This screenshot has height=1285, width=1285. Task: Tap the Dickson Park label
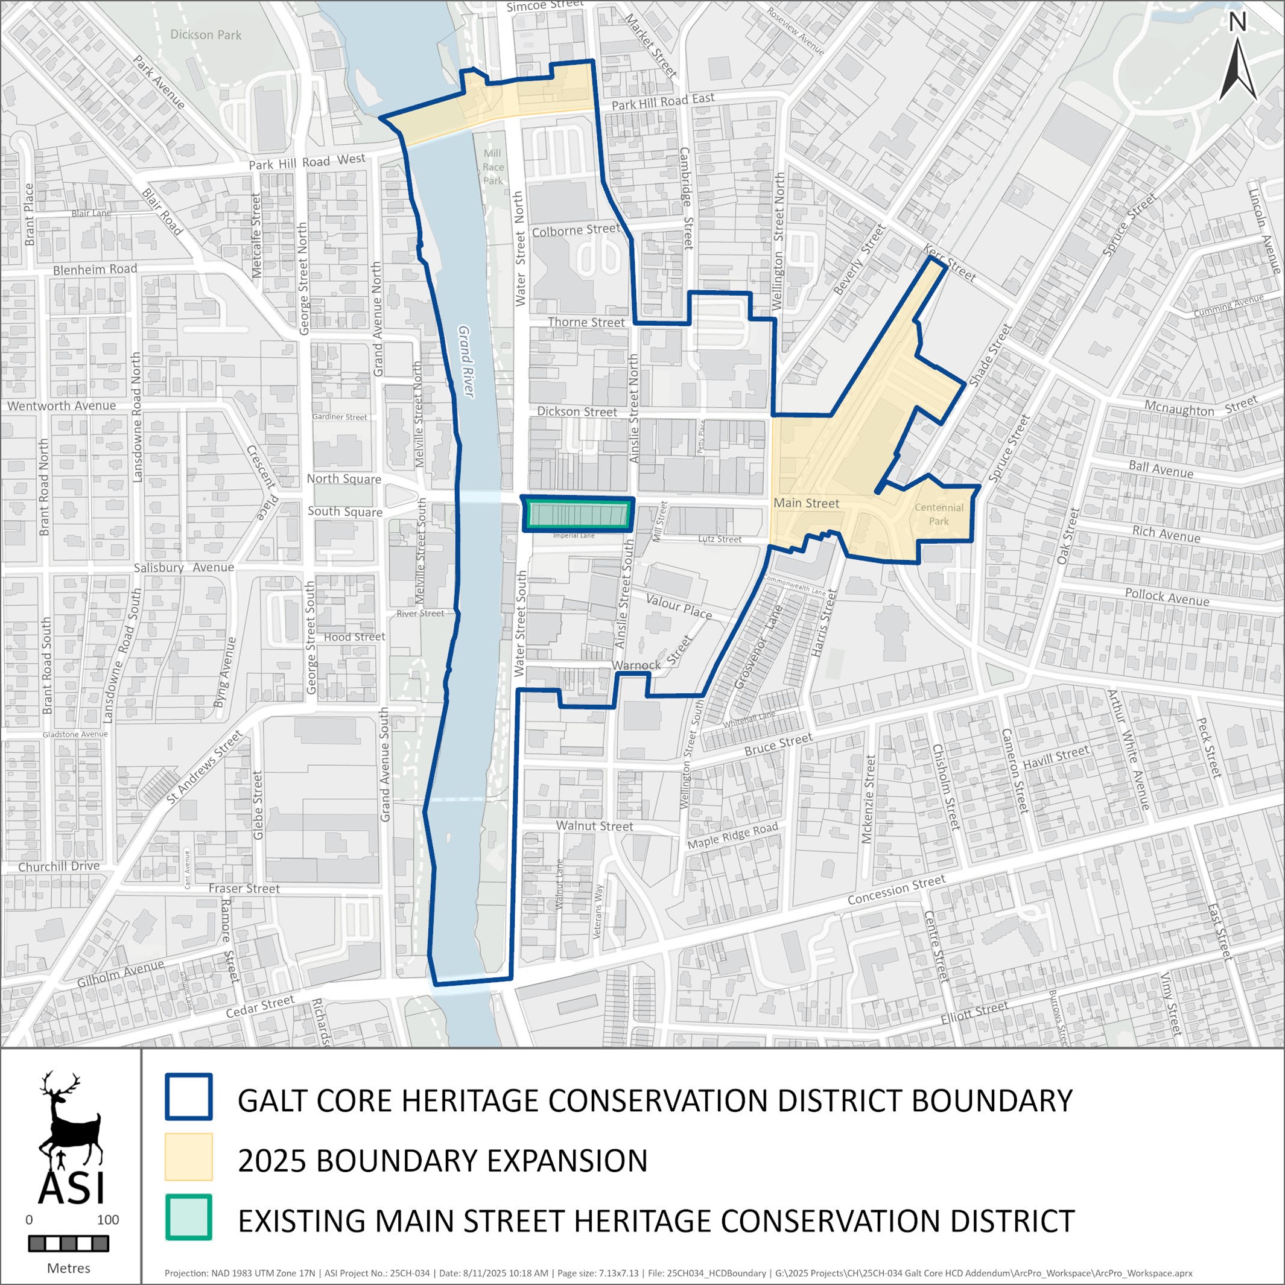[x=206, y=34]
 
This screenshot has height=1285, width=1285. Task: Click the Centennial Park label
[x=939, y=514]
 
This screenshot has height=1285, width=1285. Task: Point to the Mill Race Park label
[x=493, y=167]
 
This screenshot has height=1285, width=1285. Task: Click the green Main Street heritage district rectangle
[x=577, y=515]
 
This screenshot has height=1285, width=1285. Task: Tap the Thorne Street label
[x=586, y=323]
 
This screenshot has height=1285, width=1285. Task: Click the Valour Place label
[x=679, y=606]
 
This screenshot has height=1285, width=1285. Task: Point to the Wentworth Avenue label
[x=61, y=406]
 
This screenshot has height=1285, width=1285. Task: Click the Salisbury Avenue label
[x=183, y=567]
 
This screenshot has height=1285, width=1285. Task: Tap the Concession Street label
[x=896, y=889]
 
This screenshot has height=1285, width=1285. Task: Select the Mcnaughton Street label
[x=1201, y=407]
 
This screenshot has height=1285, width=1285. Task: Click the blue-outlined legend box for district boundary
[x=189, y=1097]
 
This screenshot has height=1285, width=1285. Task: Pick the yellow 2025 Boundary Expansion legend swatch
[x=189, y=1157]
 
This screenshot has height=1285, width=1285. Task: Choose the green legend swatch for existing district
[x=189, y=1217]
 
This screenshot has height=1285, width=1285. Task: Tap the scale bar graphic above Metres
[x=69, y=1243]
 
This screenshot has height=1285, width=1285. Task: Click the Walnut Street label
[x=595, y=826]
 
